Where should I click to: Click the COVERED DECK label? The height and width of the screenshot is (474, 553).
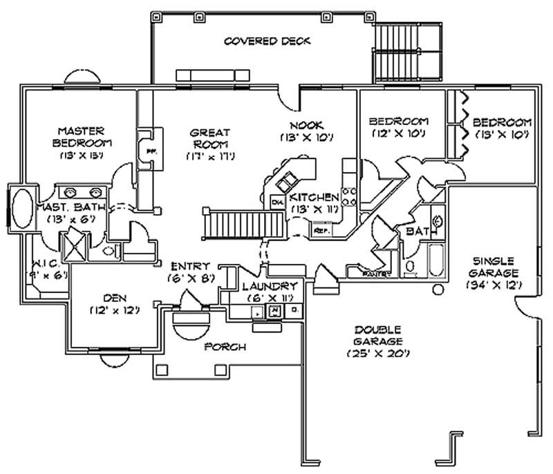click(x=267, y=41)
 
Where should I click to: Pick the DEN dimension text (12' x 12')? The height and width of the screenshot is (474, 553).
click(x=115, y=310)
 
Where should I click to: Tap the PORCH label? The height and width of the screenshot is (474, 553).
click(x=225, y=347)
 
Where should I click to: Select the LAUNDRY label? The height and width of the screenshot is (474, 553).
click(x=270, y=286)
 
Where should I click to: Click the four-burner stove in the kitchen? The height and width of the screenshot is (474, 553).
click(x=349, y=197)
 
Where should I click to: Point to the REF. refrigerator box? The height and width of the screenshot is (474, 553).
click(x=321, y=229)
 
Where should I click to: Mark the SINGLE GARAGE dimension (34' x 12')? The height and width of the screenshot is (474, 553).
click(x=493, y=284)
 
